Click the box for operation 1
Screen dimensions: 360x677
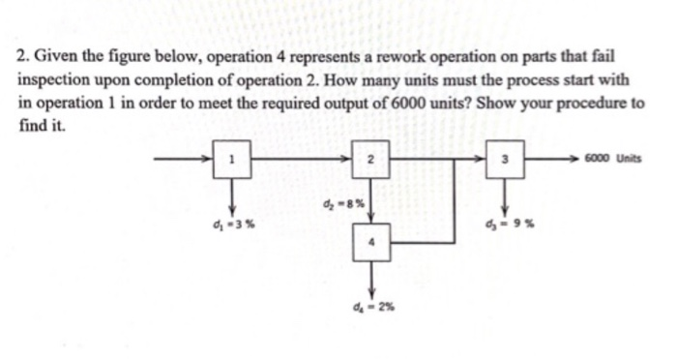point(232,161)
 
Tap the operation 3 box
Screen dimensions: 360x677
point(503,161)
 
